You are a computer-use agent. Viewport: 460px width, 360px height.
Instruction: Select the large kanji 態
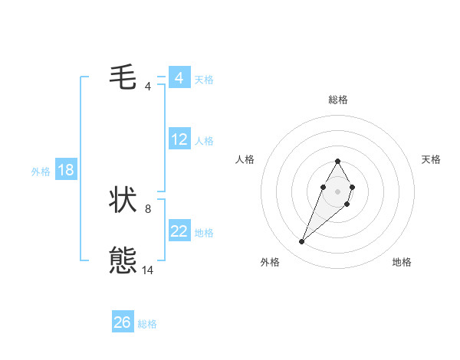(123, 261)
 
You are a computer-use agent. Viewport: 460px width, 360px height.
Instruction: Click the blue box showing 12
(179, 139)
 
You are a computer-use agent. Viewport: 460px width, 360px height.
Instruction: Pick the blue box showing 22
(179, 231)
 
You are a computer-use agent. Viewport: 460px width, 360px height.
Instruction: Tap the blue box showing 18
(66, 170)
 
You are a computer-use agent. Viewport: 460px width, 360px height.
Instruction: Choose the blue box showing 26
(123, 322)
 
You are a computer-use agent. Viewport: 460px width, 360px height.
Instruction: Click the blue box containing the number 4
(179, 78)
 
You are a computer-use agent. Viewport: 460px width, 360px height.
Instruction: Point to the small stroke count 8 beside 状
(148, 208)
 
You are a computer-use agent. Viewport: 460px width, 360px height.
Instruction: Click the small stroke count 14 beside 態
(148, 270)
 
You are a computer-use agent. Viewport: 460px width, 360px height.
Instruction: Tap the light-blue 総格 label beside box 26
(147, 324)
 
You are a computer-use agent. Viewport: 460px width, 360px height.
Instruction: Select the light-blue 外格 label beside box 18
(41, 172)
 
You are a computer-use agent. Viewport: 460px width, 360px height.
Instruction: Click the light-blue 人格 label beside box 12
(204, 141)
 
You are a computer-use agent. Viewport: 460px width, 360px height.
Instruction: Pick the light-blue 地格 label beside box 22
(204, 233)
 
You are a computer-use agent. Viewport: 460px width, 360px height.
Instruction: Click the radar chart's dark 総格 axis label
(337, 100)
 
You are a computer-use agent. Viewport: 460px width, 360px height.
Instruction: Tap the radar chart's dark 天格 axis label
(432, 159)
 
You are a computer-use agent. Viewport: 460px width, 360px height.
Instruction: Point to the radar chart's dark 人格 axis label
(245, 159)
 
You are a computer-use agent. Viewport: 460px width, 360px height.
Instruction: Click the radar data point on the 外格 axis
(302, 242)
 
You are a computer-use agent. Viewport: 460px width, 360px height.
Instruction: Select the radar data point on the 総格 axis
(337, 161)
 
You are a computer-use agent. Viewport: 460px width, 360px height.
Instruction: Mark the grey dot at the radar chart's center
(337, 191)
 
